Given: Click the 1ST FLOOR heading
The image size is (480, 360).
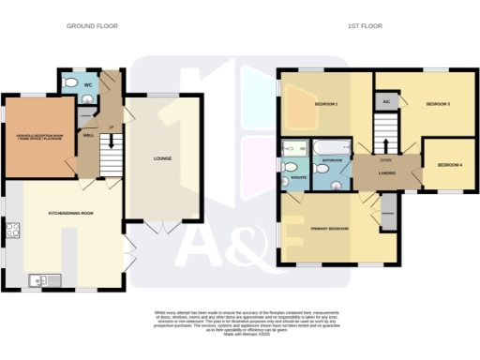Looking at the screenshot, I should coord(365,26).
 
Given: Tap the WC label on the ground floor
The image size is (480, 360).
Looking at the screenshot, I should coord(87,85).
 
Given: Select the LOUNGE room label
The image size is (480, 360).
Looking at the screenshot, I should coord(163,158).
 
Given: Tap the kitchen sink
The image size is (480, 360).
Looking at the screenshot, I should coord(39,278).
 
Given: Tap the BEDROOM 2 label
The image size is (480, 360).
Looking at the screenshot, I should coord(325,103).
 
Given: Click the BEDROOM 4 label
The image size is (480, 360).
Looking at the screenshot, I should coord(449,166).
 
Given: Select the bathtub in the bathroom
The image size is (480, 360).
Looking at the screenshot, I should coord(331,147).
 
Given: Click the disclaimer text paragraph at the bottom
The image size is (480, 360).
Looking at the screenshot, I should coord(239,319).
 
